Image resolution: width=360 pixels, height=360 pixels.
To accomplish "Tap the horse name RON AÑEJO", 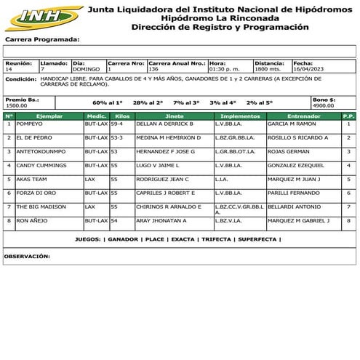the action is coord(31,220).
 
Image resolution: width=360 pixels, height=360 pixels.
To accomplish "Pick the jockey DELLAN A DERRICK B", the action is coord(165,124).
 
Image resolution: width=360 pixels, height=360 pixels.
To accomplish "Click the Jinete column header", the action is coord(175,116).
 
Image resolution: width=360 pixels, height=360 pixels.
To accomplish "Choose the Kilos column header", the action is coord(122,116).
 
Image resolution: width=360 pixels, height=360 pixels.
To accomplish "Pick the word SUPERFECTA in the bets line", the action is coord(257,239).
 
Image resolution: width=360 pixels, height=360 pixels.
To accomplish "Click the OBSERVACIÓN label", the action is coord(27,256).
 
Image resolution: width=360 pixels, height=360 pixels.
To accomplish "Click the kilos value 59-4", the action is coord(117,124).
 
